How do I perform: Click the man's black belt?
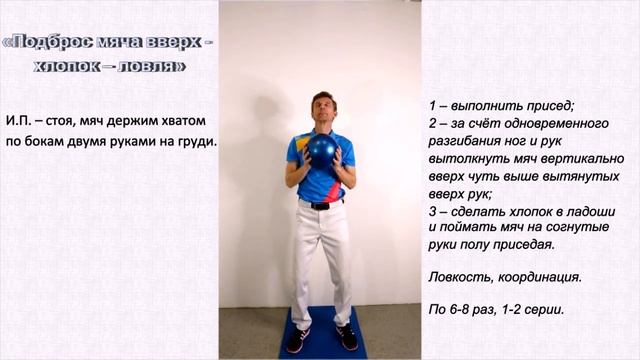tap(321, 204)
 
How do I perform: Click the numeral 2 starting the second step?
tap(432, 124)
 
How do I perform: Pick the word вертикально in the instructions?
tap(585, 159)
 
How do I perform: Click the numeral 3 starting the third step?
tap(432, 211)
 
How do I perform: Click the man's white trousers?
tap(321, 255)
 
